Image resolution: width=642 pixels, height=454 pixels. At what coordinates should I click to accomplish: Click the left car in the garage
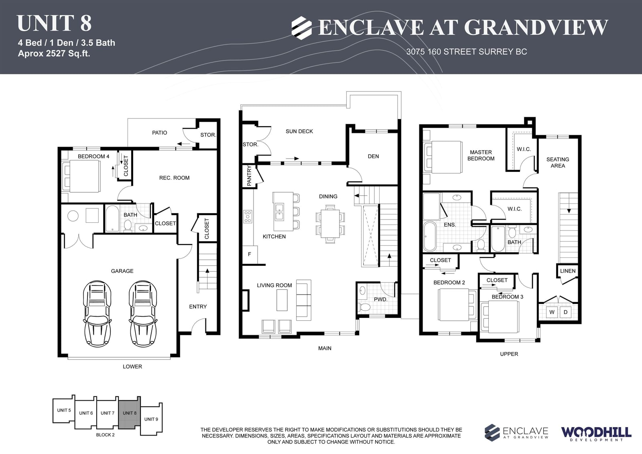click(97, 314)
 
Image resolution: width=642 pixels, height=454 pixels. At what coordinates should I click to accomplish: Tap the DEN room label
click(373, 156)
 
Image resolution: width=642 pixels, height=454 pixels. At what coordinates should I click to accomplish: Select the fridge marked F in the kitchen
click(250, 254)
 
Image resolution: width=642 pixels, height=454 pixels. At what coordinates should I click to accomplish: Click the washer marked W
click(552, 312)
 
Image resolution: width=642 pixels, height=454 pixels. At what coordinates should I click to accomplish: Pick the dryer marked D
click(565, 312)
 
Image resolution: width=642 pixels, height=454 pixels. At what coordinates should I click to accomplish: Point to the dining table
click(330, 224)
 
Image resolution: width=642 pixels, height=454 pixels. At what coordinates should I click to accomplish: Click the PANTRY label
click(249, 175)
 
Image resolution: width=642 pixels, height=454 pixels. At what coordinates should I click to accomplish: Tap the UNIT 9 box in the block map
click(151, 419)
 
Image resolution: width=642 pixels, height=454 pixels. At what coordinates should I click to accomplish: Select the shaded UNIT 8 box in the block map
click(130, 413)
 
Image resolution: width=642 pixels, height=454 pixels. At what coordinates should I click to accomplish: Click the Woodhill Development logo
click(596, 434)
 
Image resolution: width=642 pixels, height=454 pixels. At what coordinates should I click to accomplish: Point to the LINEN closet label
click(568, 271)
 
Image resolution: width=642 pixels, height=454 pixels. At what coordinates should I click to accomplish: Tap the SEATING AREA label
click(558, 163)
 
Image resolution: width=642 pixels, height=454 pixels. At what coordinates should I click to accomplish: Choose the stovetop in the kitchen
click(248, 216)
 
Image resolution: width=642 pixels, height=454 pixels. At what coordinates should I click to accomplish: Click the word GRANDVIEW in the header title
click(536, 27)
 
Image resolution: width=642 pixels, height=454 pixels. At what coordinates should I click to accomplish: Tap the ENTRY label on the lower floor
click(198, 307)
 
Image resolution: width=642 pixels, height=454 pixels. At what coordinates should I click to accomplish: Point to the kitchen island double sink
click(279, 212)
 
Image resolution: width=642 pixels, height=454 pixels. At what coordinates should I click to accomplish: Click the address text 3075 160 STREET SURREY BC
click(467, 52)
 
